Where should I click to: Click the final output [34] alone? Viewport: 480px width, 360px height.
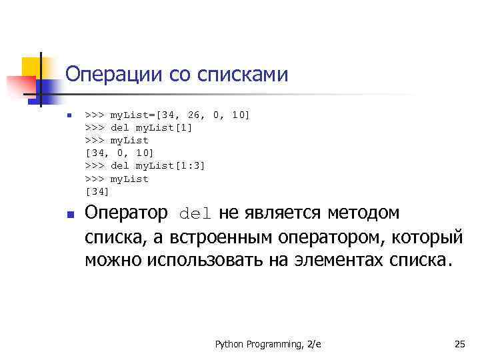pos(97,192)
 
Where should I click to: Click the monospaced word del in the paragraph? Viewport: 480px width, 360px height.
pos(195,214)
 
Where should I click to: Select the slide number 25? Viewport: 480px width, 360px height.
pos(459,344)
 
